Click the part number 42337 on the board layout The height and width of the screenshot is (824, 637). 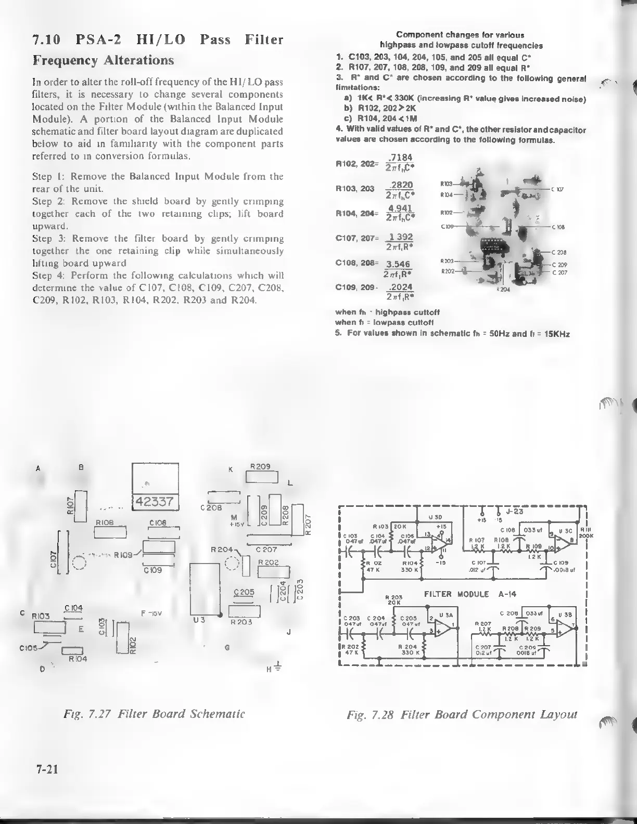(156, 502)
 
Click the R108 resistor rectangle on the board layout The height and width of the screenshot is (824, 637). (110, 533)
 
